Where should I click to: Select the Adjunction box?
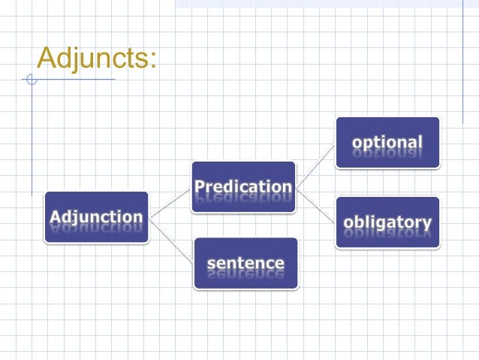click(x=96, y=217)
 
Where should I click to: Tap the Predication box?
click(x=243, y=186)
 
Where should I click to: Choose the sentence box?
click(x=246, y=263)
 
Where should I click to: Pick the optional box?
click(x=387, y=142)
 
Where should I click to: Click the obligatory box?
click(x=387, y=222)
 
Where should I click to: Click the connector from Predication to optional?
click(x=315, y=165)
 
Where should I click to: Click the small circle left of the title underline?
click(x=31, y=79)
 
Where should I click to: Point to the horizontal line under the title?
click(x=75, y=79)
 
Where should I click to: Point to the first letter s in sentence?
click(x=211, y=264)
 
